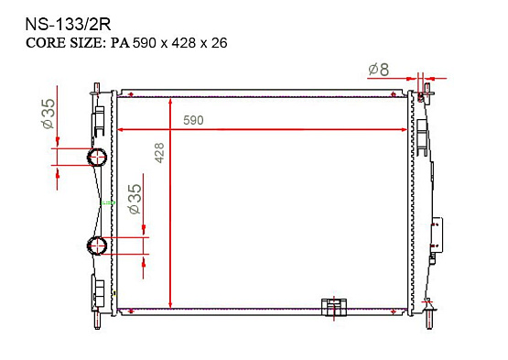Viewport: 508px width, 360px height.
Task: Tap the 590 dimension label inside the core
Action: [193, 120]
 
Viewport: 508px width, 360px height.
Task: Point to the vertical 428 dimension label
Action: [160, 152]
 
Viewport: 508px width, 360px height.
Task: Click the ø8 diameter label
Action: [379, 69]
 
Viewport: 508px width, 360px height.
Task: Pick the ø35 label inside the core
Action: [134, 199]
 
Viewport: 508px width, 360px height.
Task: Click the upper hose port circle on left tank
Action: [96, 158]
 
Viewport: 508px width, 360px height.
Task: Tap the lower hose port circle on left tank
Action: [98, 245]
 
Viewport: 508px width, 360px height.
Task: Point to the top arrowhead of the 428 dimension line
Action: [170, 102]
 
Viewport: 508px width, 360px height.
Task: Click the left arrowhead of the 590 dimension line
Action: [120, 130]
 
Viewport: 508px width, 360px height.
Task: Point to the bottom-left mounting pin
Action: [96, 321]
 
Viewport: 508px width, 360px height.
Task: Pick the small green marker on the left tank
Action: [107, 202]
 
